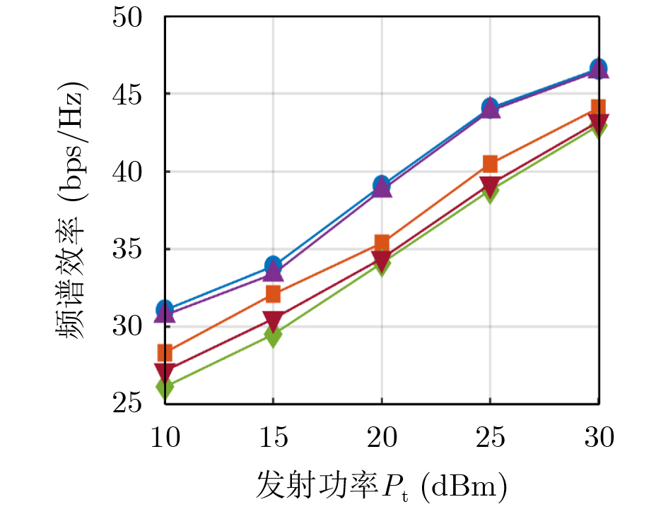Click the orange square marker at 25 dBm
490,164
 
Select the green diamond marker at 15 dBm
273,335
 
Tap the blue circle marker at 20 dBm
382,185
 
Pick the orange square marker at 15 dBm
273,294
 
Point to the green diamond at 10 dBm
165,388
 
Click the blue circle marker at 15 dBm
273,266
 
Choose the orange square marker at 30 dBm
598,109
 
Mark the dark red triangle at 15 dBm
273,319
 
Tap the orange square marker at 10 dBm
165,352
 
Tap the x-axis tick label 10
165,438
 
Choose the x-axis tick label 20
382,438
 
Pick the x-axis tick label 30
598,438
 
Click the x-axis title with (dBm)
382,485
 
